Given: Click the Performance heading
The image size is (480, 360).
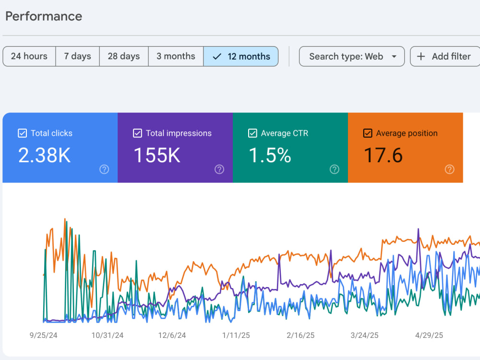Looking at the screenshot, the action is click(x=44, y=16).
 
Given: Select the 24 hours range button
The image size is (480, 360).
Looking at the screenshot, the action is click(x=29, y=56).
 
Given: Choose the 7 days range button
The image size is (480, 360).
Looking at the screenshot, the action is click(x=77, y=56).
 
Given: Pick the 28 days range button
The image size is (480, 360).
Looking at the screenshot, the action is click(x=124, y=56).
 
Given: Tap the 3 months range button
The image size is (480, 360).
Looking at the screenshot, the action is click(x=176, y=56).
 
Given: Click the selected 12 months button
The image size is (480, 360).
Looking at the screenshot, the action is click(x=241, y=56).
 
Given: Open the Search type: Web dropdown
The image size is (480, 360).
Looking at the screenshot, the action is click(x=352, y=56).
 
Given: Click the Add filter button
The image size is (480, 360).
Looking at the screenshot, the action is click(x=445, y=56).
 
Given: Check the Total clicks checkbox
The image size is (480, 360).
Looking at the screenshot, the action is click(x=23, y=133).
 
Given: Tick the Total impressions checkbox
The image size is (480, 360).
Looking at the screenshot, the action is click(x=137, y=133).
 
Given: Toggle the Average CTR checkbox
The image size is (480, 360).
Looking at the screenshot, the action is click(x=252, y=133).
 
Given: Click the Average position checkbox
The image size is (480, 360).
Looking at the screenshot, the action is click(x=368, y=133).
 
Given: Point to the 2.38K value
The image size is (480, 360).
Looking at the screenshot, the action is click(x=44, y=155).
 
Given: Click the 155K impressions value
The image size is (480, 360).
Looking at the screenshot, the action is click(x=157, y=155).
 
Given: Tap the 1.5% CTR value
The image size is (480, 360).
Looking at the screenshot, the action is click(x=270, y=155).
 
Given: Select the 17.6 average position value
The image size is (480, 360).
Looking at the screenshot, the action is click(x=383, y=155).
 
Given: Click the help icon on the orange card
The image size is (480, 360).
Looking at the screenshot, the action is click(x=449, y=169).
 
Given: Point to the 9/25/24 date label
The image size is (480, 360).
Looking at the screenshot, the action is click(x=44, y=336).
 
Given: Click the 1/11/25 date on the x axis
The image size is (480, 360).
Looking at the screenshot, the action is click(x=236, y=336).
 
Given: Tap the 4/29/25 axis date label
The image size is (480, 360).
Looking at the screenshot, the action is click(x=429, y=336).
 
